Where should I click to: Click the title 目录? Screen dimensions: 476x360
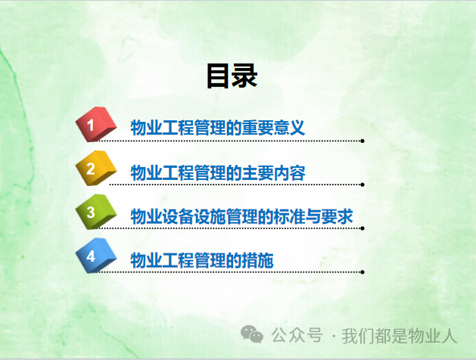point(232,76)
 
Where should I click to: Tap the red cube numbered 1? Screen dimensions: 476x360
point(96,124)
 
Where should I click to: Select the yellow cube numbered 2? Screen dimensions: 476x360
point(96,168)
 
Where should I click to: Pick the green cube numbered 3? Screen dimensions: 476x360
point(96,212)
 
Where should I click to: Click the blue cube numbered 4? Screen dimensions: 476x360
point(96,256)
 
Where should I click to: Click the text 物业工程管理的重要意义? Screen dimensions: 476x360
point(218,127)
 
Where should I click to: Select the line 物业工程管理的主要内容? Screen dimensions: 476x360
point(218,173)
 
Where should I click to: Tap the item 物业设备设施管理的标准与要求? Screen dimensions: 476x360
point(241,216)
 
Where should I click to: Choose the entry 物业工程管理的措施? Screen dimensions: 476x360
point(202,260)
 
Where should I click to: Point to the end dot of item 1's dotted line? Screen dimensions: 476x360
point(362,141)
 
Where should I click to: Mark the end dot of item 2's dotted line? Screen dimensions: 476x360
point(362,185)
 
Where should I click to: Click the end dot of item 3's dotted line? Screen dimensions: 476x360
point(362,228)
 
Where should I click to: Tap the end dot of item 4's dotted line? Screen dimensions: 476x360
point(362,272)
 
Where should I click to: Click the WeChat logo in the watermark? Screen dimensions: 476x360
point(252,334)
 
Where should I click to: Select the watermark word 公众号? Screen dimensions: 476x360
point(297,336)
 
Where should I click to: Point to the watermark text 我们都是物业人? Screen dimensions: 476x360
point(400,336)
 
